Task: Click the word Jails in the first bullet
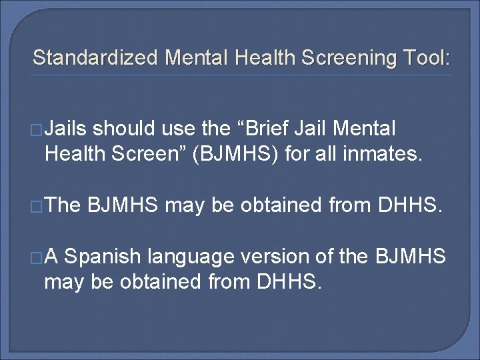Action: (69, 127)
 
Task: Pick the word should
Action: (125, 127)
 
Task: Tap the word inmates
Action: (386, 154)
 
